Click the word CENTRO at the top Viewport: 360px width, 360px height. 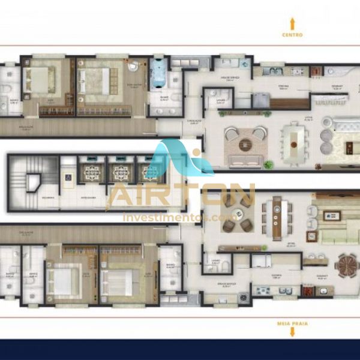tap(292, 35)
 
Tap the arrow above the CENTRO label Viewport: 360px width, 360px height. tap(292, 23)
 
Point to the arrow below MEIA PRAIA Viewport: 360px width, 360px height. tap(292, 332)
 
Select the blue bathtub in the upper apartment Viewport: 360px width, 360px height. tap(159, 76)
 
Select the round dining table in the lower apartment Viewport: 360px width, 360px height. tap(346, 264)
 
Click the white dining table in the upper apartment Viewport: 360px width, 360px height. tap(293, 143)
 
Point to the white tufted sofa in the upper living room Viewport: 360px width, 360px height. tap(345, 127)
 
